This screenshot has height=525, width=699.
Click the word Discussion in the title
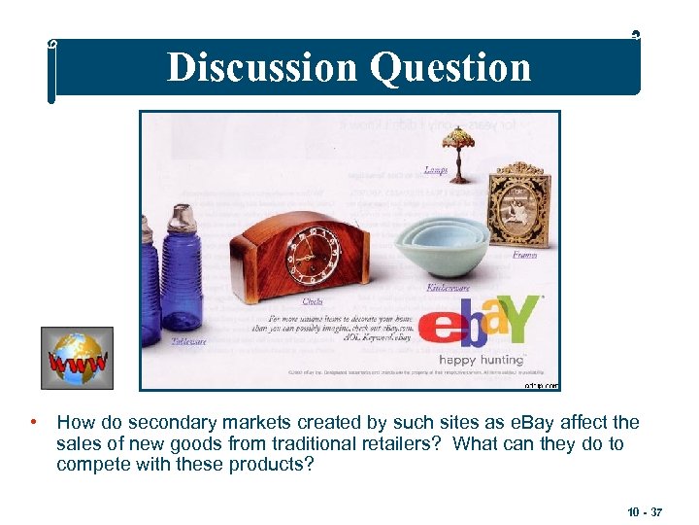tap(261, 68)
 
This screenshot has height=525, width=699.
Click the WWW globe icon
tap(77, 358)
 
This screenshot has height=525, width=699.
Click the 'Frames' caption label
tap(524, 255)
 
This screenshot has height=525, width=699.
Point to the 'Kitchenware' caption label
tap(448, 288)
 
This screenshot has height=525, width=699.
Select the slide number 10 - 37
tap(644, 510)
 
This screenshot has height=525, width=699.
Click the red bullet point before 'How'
tap(33, 423)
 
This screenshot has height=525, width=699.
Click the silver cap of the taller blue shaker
tap(185, 219)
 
